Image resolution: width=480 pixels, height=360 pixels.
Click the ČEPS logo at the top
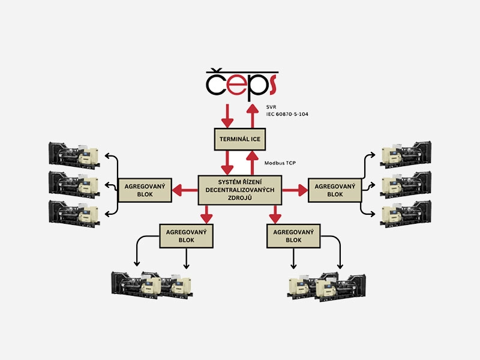click(x=240, y=84)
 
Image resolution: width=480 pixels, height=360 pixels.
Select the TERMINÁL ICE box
click(x=240, y=139)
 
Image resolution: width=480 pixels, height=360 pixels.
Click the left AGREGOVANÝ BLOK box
click(x=145, y=190)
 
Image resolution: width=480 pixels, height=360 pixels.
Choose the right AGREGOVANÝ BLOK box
click(x=335, y=190)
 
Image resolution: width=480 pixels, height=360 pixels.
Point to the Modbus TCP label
click(x=280, y=163)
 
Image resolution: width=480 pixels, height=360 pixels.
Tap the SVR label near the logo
click(x=272, y=107)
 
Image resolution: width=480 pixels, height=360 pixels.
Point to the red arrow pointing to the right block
click(x=295, y=191)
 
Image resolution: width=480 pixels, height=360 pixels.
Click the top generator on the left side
click(x=74, y=154)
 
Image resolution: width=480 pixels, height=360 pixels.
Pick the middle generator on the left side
click(x=74, y=184)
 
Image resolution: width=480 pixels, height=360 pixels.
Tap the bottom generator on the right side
click(x=406, y=213)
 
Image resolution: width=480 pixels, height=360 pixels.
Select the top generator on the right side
click(x=406, y=154)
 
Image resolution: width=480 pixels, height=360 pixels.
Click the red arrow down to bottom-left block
click(x=206, y=213)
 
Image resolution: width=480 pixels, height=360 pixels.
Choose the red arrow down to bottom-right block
click(x=275, y=213)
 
